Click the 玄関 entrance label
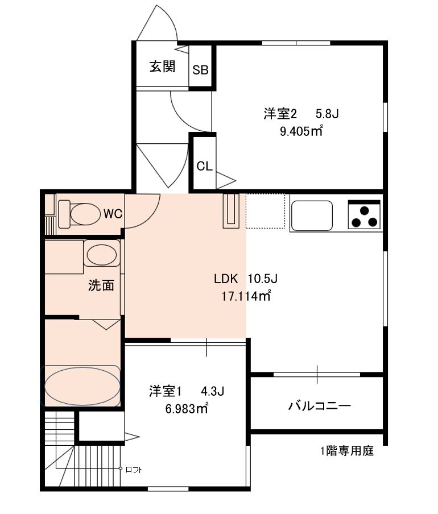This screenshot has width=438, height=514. tap(162, 67)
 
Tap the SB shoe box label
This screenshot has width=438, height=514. tap(200, 70)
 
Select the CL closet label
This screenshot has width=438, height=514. tap(204, 167)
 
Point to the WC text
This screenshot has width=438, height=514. tap(113, 214)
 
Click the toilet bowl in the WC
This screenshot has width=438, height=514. tap(85, 214)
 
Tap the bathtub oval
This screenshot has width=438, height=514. tap(82, 386)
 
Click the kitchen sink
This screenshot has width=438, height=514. tap(312, 215)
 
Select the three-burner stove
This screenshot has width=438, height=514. tap(364, 215)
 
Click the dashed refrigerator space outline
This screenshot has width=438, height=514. tap(265, 211)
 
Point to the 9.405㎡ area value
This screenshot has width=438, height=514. tap(301, 131)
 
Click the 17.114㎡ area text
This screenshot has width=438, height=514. tap(246, 296)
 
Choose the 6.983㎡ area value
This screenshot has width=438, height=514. tap(187, 409)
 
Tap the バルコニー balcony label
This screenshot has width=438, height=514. tap(320, 406)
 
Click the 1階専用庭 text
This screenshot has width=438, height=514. tap(347, 451)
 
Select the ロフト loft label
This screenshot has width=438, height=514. tap(134, 470)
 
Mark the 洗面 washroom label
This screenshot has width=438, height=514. tap(101, 285)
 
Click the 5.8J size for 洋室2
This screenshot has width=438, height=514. tap(327, 114)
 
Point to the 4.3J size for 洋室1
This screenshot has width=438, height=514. tap(212, 391)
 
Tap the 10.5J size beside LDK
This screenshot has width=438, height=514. tap(263, 279)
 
